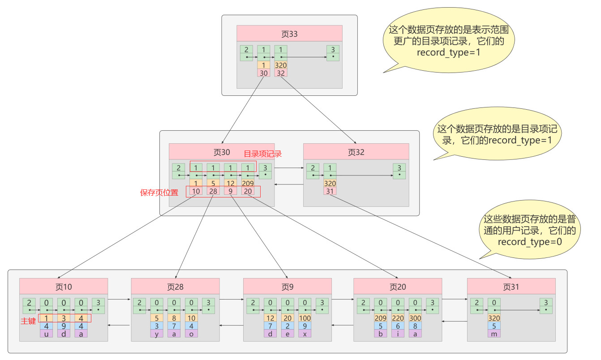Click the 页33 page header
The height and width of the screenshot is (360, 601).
pyautogui.click(x=289, y=34)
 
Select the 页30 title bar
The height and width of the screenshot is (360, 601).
pyautogui.click(x=222, y=152)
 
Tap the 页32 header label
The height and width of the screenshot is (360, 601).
pyautogui.click(x=356, y=152)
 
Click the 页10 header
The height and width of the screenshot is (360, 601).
pyautogui.click(x=64, y=286)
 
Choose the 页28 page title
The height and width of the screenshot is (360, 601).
pyautogui.click(x=175, y=286)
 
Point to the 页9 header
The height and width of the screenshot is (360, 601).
pyautogui.click(x=287, y=286)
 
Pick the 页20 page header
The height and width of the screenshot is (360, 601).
pyautogui.click(x=398, y=286)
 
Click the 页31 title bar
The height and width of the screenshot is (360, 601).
pyautogui.click(x=511, y=286)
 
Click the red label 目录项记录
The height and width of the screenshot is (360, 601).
pyautogui.click(x=262, y=154)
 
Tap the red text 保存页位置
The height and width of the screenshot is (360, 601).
pyautogui.click(x=159, y=193)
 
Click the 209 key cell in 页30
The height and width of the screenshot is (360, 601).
pyautogui.click(x=248, y=183)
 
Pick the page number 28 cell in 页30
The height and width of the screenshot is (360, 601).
pyautogui.click(x=213, y=191)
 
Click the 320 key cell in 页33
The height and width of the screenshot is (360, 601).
pyautogui.click(x=281, y=65)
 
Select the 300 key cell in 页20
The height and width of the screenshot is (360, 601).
pyautogui.click(x=415, y=318)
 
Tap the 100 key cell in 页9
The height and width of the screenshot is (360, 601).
pyautogui.click(x=305, y=318)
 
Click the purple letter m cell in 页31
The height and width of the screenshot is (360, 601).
pyautogui.click(x=494, y=334)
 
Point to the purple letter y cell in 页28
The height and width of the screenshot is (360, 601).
pyautogui.click(x=157, y=334)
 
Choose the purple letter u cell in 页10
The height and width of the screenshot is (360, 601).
pyautogui.click(x=47, y=334)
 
